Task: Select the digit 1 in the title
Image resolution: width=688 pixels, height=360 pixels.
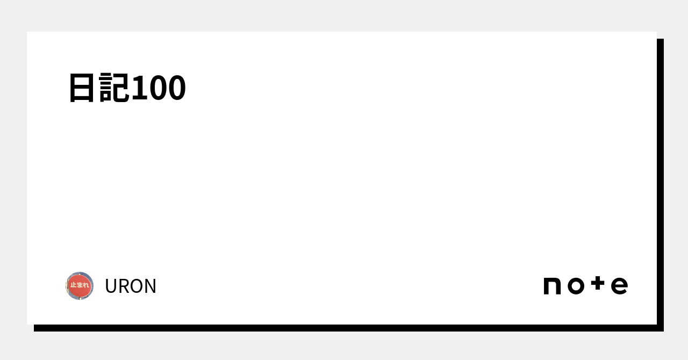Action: click(139, 88)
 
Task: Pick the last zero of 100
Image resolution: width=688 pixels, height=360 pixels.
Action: click(176, 88)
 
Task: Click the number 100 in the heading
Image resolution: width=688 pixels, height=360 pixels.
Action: click(158, 88)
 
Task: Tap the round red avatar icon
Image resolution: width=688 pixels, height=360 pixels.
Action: click(80, 286)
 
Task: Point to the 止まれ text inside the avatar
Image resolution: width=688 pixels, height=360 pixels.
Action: click(80, 285)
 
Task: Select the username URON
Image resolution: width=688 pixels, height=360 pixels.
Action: click(131, 286)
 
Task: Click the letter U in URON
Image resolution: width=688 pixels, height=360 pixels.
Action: click(111, 286)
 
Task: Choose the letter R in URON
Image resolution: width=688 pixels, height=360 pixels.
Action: click(123, 286)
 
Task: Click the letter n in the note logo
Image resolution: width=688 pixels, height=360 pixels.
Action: click(552, 286)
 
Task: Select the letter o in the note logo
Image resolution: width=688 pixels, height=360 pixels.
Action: click(576, 286)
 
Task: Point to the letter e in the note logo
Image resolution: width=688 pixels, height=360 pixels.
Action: click(619, 286)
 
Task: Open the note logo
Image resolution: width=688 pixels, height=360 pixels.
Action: click(585, 286)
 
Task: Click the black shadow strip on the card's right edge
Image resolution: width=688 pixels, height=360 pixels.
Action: click(660, 183)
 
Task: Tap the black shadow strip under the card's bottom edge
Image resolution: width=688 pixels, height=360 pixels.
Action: click(344, 328)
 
